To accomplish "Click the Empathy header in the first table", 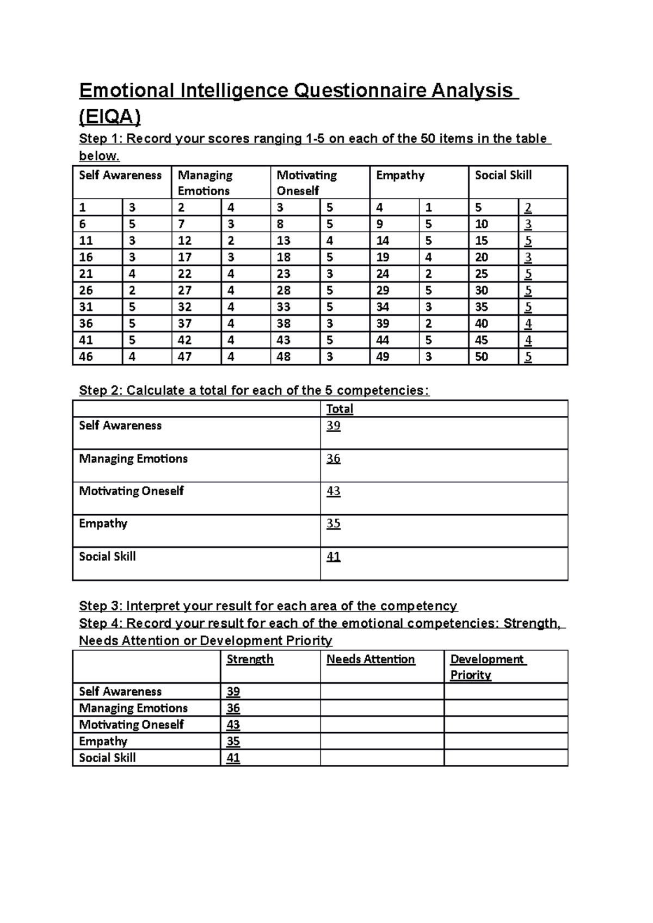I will click(x=400, y=176).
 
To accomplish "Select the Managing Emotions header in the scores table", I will click(x=205, y=183).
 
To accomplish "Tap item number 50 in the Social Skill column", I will click(x=482, y=357).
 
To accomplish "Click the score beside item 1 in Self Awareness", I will click(x=132, y=208).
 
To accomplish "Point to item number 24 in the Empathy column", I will click(x=383, y=274).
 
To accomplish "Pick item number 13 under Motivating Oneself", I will click(x=284, y=241).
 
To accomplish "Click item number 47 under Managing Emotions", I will click(x=184, y=357).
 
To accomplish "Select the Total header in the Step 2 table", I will click(x=340, y=409).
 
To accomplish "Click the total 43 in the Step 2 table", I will click(x=333, y=491).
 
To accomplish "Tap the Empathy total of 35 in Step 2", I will click(x=333, y=524).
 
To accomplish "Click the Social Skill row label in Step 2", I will click(x=107, y=557).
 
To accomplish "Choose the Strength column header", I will click(x=250, y=659).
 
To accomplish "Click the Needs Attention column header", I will click(x=371, y=659).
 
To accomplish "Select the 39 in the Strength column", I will click(x=233, y=692).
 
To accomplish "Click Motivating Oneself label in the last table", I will click(x=131, y=725).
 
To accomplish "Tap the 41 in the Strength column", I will click(x=233, y=758).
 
